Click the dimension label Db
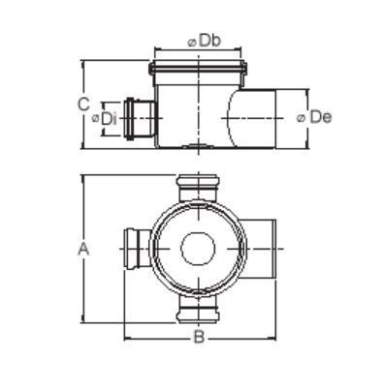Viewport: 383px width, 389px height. click(x=209, y=42)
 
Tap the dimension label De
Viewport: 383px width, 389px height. click(x=320, y=117)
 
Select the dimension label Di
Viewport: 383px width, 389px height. click(x=109, y=119)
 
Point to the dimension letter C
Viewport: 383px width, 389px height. click(x=83, y=105)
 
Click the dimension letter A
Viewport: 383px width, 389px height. click(x=83, y=249)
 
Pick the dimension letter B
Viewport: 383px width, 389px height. click(x=199, y=338)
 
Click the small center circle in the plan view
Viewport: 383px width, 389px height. click(x=198, y=249)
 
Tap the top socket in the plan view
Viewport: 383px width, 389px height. click(x=198, y=188)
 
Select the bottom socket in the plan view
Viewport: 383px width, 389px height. click(x=198, y=309)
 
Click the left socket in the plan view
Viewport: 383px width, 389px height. click(x=138, y=249)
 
